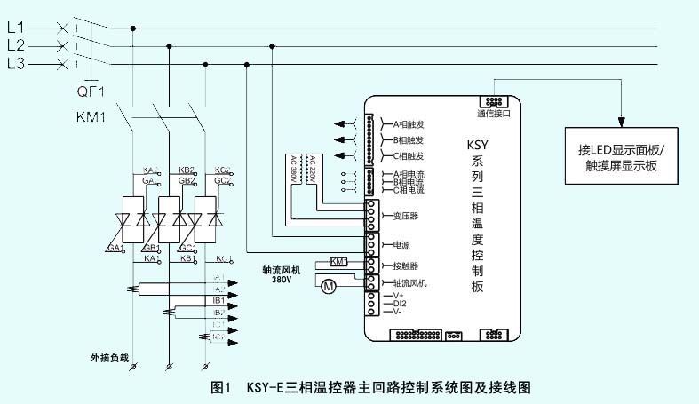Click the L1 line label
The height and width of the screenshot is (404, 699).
coord(15,28)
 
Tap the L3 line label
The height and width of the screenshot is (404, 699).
coord(15,64)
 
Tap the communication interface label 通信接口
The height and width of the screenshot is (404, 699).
coord(494,114)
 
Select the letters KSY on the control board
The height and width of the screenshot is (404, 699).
coord(479,144)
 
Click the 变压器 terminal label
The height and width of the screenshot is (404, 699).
coord(404,215)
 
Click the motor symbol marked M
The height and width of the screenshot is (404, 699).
coord(328,286)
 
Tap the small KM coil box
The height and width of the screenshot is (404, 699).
coord(339,261)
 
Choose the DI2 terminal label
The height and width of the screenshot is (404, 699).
coord(399,304)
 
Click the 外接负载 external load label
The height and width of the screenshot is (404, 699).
coord(109,358)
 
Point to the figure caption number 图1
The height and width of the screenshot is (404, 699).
coord(221,388)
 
